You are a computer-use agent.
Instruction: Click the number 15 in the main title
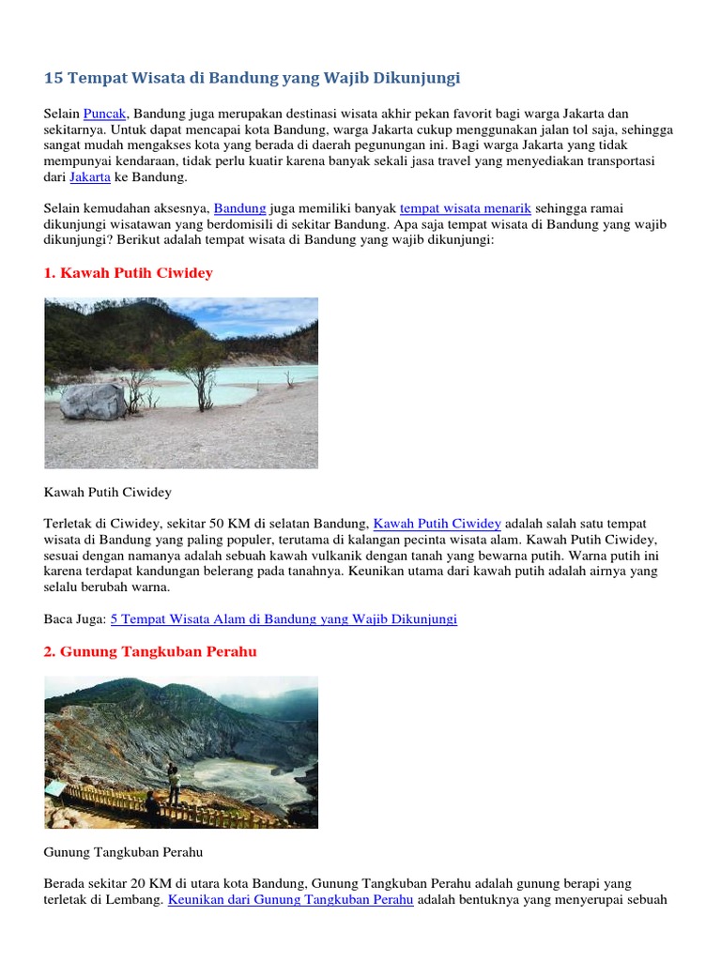point(54,77)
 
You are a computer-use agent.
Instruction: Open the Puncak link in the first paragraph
point(104,114)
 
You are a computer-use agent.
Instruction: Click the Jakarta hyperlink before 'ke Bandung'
point(90,176)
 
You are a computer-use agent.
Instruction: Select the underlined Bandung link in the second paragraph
point(239,208)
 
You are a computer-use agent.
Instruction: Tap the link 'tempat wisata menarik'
point(465,208)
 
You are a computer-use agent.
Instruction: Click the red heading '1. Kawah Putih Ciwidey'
point(129,273)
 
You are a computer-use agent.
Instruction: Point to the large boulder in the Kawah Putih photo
point(93,401)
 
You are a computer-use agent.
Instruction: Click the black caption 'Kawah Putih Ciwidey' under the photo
point(108,492)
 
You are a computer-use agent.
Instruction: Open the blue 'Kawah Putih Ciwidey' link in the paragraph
point(437,524)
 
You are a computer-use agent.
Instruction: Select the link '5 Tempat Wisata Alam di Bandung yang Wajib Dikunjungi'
point(284,619)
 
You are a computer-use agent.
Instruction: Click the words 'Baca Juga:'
point(75,619)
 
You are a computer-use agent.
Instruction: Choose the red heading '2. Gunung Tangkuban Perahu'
point(150,652)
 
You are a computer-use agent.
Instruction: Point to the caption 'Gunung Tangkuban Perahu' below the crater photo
point(123,852)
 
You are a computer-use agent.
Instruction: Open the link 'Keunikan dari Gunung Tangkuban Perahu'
point(290,900)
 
